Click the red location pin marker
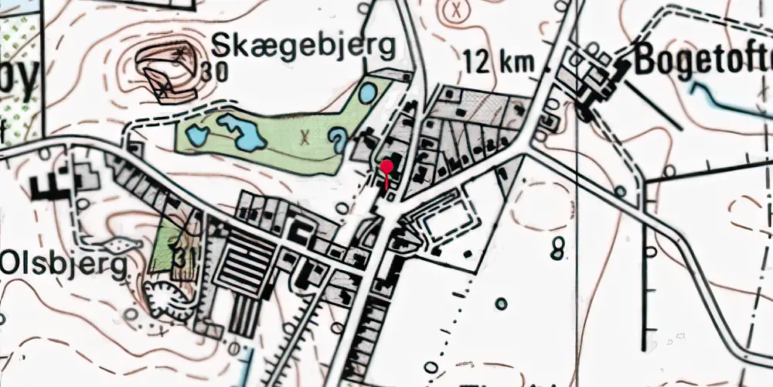click(x=387, y=166)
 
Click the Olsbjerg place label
click(x=63, y=265)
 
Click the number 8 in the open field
click(x=558, y=249)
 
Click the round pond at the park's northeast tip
click(x=369, y=94)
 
